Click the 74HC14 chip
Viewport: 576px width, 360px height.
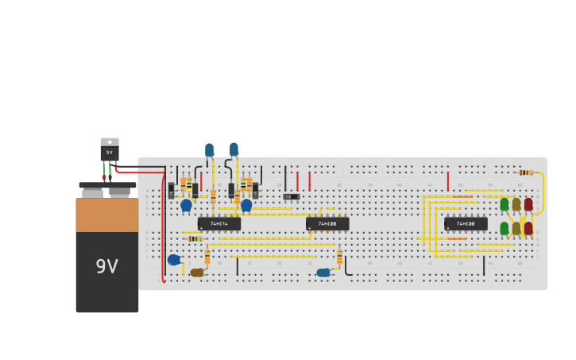(218, 224)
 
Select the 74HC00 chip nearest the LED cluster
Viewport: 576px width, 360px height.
(466, 224)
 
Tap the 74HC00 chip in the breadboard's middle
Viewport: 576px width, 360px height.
(327, 224)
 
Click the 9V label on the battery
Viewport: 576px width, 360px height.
(106, 267)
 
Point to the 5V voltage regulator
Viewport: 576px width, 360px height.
(110, 149)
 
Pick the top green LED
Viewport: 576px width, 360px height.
(504, 204)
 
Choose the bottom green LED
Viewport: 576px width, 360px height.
(504, 228)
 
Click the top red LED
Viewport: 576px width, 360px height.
(528, 204)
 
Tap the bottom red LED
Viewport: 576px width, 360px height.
(528, 228)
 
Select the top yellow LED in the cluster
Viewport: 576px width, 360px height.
(516, 204)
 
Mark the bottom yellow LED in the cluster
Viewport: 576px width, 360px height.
(516, 228)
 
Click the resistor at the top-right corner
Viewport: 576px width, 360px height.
(524, 172)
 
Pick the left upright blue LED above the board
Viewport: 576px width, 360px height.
(209, 149)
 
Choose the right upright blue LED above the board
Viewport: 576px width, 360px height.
(234, 149)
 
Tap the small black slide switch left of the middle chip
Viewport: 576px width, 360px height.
(292, 196)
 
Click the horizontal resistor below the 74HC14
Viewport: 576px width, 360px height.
(195, 238)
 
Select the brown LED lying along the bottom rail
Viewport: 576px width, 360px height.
(197, 273)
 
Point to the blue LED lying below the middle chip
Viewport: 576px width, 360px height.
(323, 273)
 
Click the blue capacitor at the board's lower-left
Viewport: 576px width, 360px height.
(174, 260)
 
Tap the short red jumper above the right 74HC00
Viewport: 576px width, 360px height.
(448, 181)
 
